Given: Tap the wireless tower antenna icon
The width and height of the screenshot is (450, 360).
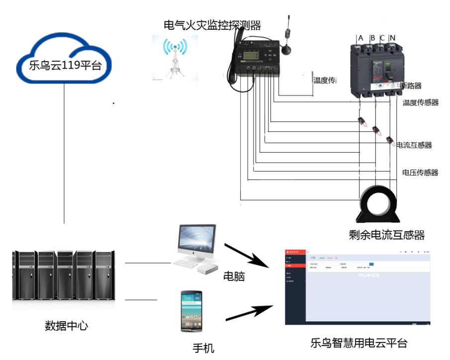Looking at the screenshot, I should (x=174, y=58).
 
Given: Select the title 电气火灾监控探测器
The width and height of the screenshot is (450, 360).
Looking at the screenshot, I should (x=212, y=24).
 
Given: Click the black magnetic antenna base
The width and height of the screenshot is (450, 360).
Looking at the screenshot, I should (x=285, y=50).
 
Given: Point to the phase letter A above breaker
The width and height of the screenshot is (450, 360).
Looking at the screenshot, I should (x=360, y=38).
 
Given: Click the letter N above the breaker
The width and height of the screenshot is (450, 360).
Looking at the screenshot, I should (x=392, y=38).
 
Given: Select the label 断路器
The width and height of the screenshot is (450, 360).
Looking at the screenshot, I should (x=411, y=86).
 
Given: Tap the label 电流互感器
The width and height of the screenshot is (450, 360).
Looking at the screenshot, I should (x=414, y=145).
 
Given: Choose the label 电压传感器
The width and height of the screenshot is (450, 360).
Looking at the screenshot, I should (x=420, y=173).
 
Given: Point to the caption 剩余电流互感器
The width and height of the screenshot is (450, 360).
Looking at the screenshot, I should (x=387, y=235).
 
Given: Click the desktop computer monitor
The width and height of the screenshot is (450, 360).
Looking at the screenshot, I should (x=197, y=241).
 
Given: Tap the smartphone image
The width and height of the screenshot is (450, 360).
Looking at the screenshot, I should (x=191, y=311).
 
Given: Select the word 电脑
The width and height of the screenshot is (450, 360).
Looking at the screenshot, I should (x=234, y=276).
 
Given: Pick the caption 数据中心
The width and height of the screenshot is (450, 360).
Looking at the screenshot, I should (x=67, y=326).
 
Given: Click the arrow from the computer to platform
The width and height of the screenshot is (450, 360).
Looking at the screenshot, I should (x=247, y=255).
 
